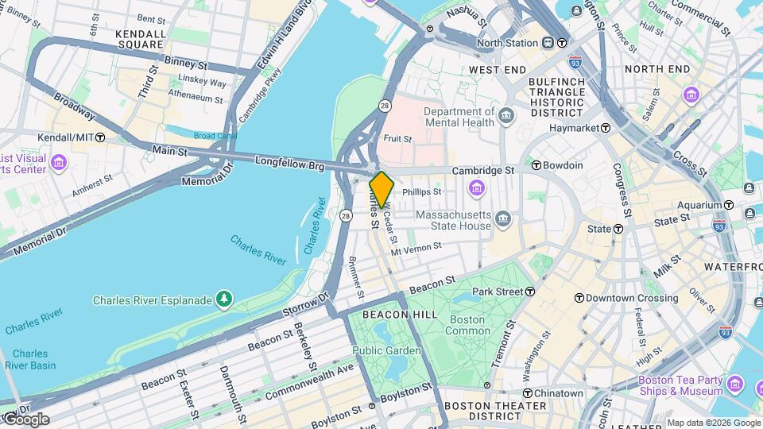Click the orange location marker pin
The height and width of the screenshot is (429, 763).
(381, 189)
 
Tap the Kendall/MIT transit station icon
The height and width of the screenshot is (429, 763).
(100, 137)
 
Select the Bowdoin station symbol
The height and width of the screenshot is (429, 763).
(536, 165)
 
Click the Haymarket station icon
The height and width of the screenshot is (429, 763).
(606, 128)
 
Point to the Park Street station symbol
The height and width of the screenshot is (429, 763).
(530, 292)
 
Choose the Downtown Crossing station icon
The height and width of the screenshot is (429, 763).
(579, 298)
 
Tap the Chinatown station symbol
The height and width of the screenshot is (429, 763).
(528, 393)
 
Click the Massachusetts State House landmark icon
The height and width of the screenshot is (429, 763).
(502, 218)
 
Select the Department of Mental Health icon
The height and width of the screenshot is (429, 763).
(506, 118)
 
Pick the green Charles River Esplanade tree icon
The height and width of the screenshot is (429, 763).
(227, 299)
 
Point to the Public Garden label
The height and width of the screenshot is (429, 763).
(386, 350)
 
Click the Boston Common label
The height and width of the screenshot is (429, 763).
(468, 325)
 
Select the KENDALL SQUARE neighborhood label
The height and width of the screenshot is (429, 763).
(141, 40)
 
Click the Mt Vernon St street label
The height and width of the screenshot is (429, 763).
(416, 248)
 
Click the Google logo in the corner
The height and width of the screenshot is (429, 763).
(26, 419)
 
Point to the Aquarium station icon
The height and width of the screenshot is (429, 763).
(749, 187)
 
